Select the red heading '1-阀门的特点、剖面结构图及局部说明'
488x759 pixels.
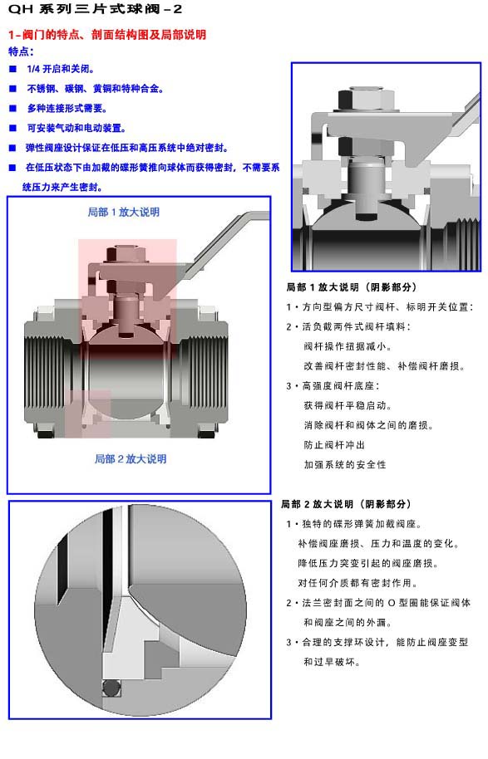[107, 34]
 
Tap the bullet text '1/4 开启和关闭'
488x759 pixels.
[61, 69]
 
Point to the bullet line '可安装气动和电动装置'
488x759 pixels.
[76, 128]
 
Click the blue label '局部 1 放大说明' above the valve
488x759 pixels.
[124, 212]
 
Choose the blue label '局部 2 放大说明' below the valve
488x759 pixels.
[131, 459]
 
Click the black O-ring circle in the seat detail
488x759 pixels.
[112, 688]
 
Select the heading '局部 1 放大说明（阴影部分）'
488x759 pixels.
[352, 287]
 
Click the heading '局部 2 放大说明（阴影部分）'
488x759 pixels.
[346, 504]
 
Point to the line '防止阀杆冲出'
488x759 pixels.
[334, 445]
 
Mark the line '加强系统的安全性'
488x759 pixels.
[344, 465]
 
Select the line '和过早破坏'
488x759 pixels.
[332, 662]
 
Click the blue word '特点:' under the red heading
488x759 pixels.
[21, 51]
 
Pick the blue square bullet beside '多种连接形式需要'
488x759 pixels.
[13, 109]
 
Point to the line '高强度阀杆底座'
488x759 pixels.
[341, 386]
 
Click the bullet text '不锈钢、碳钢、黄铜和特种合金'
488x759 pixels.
[95, 89]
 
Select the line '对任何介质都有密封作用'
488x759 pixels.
[357, 583]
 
